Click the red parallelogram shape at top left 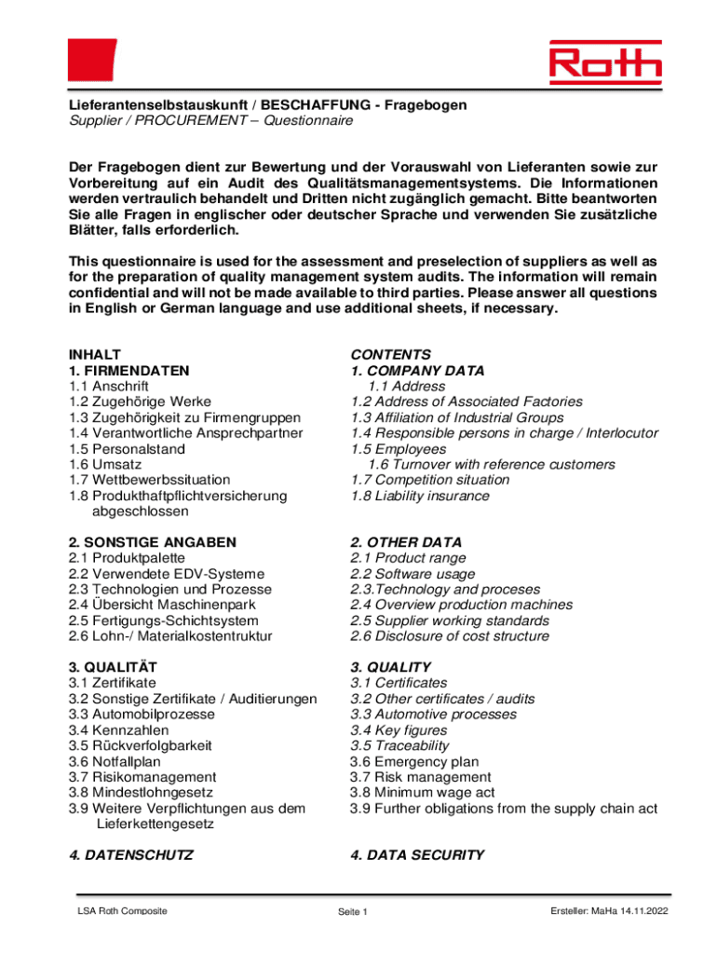point(91,61)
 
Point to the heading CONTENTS point(390,355)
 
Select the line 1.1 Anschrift point(110,387)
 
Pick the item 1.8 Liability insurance point(419,496)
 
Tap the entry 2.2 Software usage point(413,574)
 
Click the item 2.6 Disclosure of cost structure point(450,636)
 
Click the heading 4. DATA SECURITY point(417,855)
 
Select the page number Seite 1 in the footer point(354,911)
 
